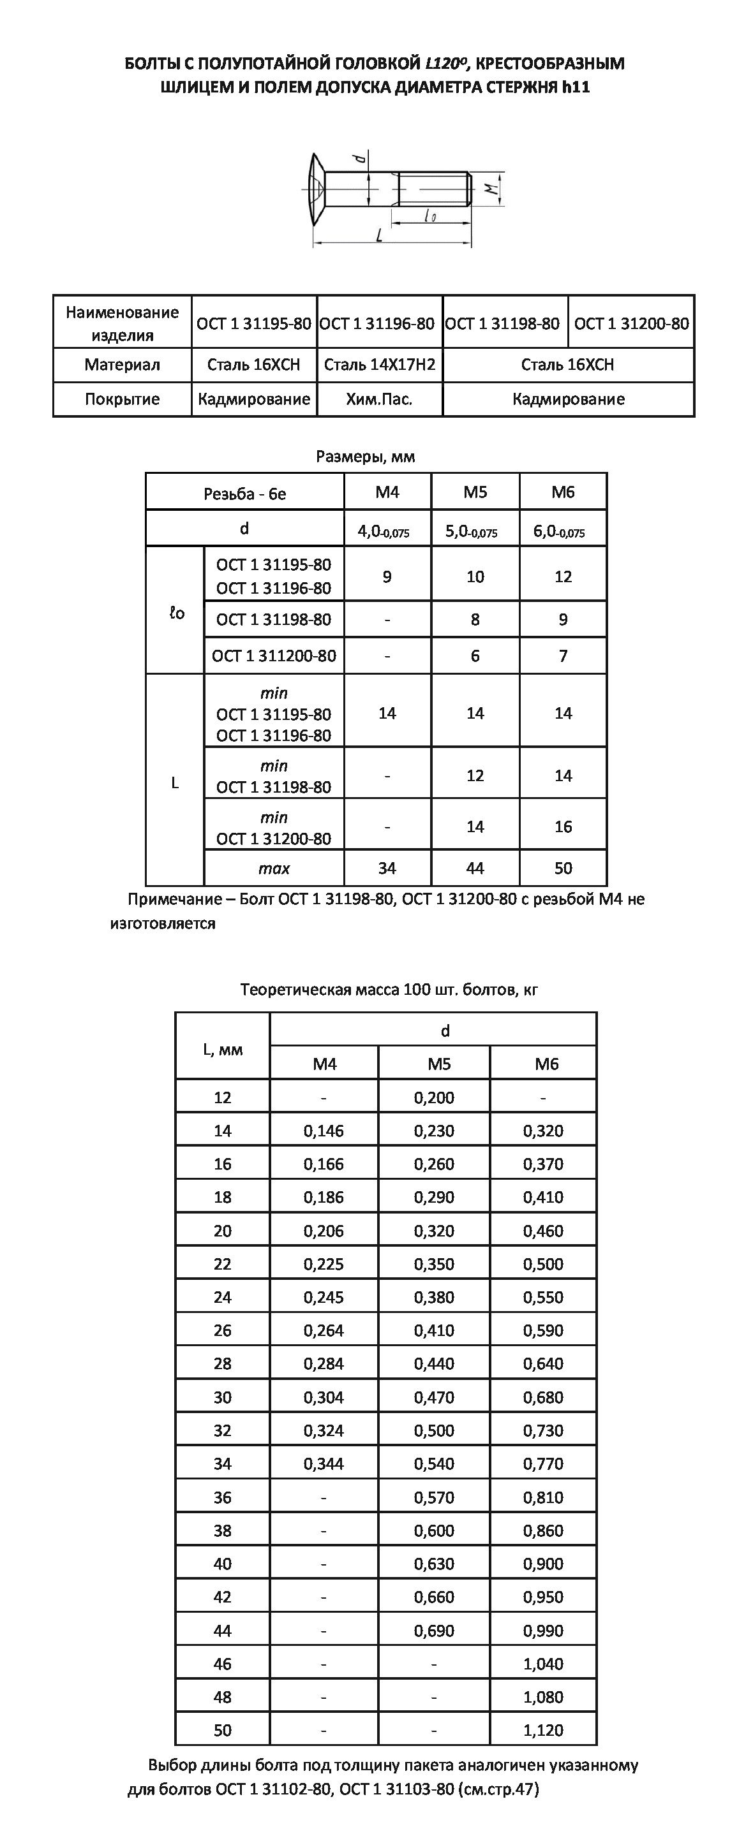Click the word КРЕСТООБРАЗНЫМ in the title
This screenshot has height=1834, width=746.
pyautogui.click(x=549, y=63)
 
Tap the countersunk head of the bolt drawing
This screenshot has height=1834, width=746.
pyautogui.click(x=318, y=189)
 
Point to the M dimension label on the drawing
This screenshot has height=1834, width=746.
pyautogui.click(x=489, y=189)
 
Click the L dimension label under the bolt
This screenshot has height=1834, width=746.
pyautogui.click(x=379, y=234)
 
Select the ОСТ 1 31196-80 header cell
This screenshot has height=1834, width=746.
pyautogui.click(x=377, y=324)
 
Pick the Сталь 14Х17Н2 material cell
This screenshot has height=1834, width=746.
pyautogui.click(x=379, y=365)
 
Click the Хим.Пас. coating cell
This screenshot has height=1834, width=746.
pyautogui.click(x=379, y=399)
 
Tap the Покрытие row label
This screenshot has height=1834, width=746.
pyautogui.click(x=122, y=399)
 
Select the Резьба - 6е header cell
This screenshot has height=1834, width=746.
pyautogui.click(x=244, y=494)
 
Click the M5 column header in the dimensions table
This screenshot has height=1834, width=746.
pyautogui.click(x=475, y=492)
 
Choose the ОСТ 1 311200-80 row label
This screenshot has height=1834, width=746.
pyautogui.click(x=274, y=656)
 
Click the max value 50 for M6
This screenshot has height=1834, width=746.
pyautogui.click(x=563, y=868)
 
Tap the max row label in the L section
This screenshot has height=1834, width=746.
pyautogui.click(x=274, y=869)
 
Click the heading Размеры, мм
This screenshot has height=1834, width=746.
pyautogui.click(x=365, y=457)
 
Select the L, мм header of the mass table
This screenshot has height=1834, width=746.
pyautogui.click(x=222, y=1050)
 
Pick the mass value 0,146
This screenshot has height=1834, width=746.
pyautogui.click(x=324, y=1131)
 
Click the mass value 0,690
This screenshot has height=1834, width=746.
pyautogui.click(x=434, y=1631)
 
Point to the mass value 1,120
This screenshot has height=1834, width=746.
pyautogui.click(x=543, y=1730)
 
